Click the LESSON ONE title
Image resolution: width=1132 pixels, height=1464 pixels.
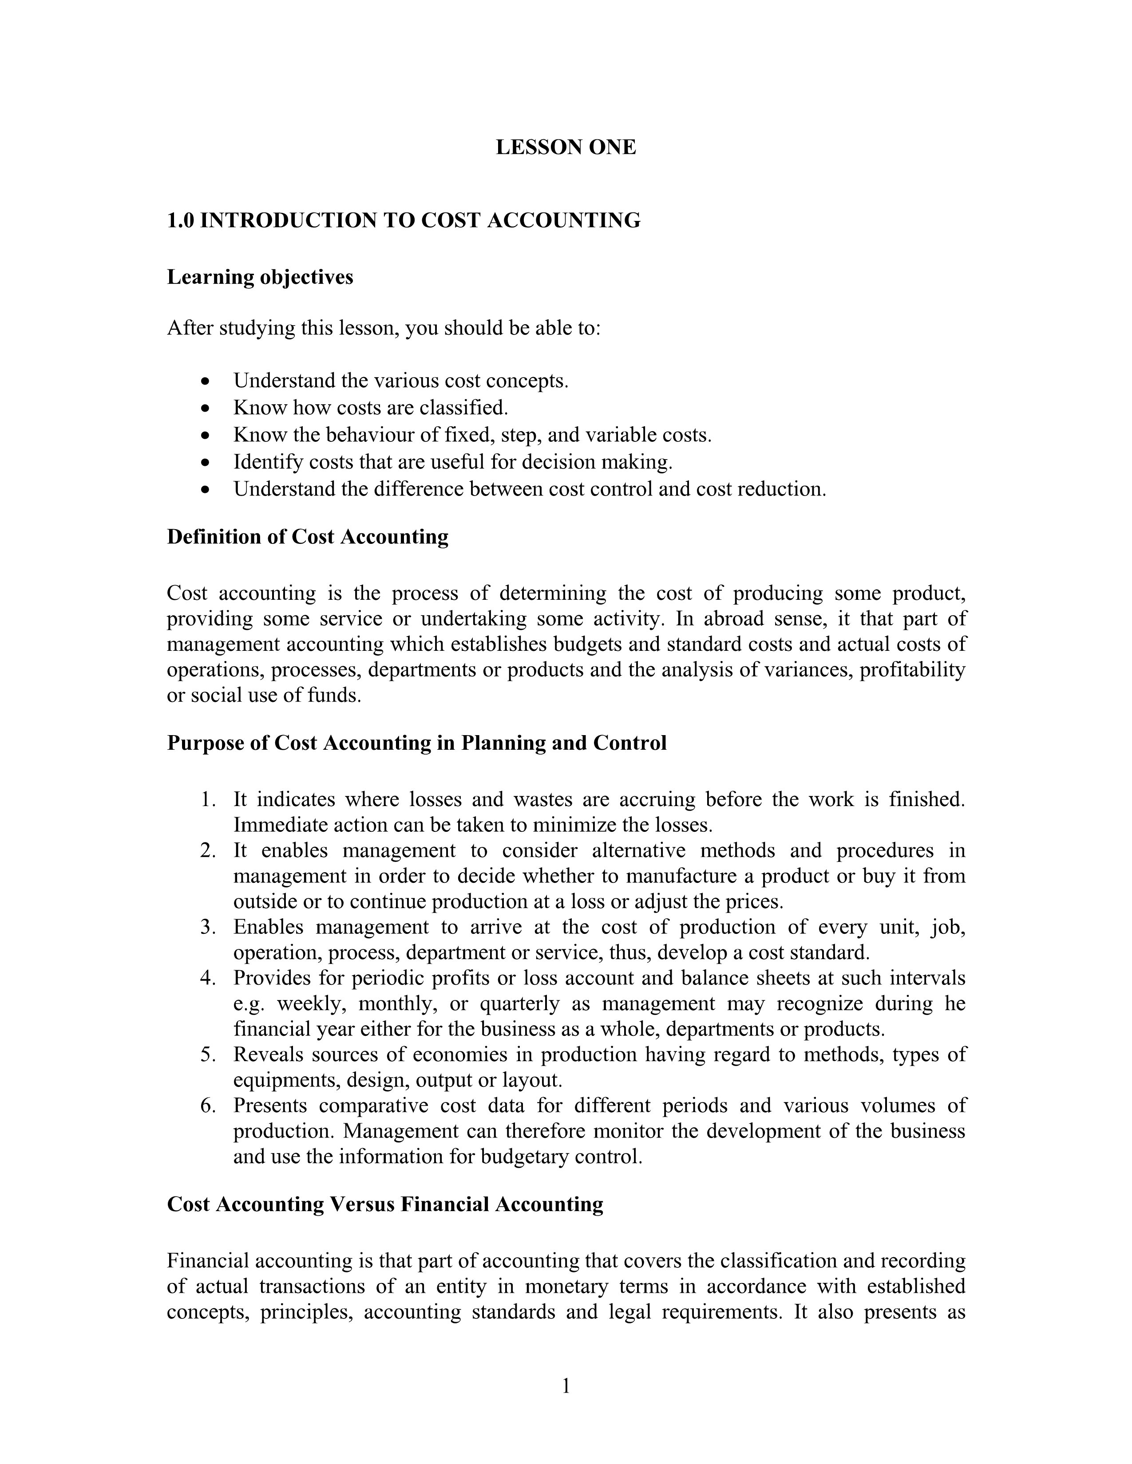(565, 147)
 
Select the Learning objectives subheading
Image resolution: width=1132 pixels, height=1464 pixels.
(260, 277)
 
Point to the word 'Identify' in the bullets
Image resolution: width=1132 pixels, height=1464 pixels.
(259, 463)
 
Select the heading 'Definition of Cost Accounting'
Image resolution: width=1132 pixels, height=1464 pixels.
(307, 537)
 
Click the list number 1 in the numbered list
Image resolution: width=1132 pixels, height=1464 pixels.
(207, 800)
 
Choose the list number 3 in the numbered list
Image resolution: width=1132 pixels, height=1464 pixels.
(207, 927)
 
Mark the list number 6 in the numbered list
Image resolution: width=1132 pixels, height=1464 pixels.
(207, 1106)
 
